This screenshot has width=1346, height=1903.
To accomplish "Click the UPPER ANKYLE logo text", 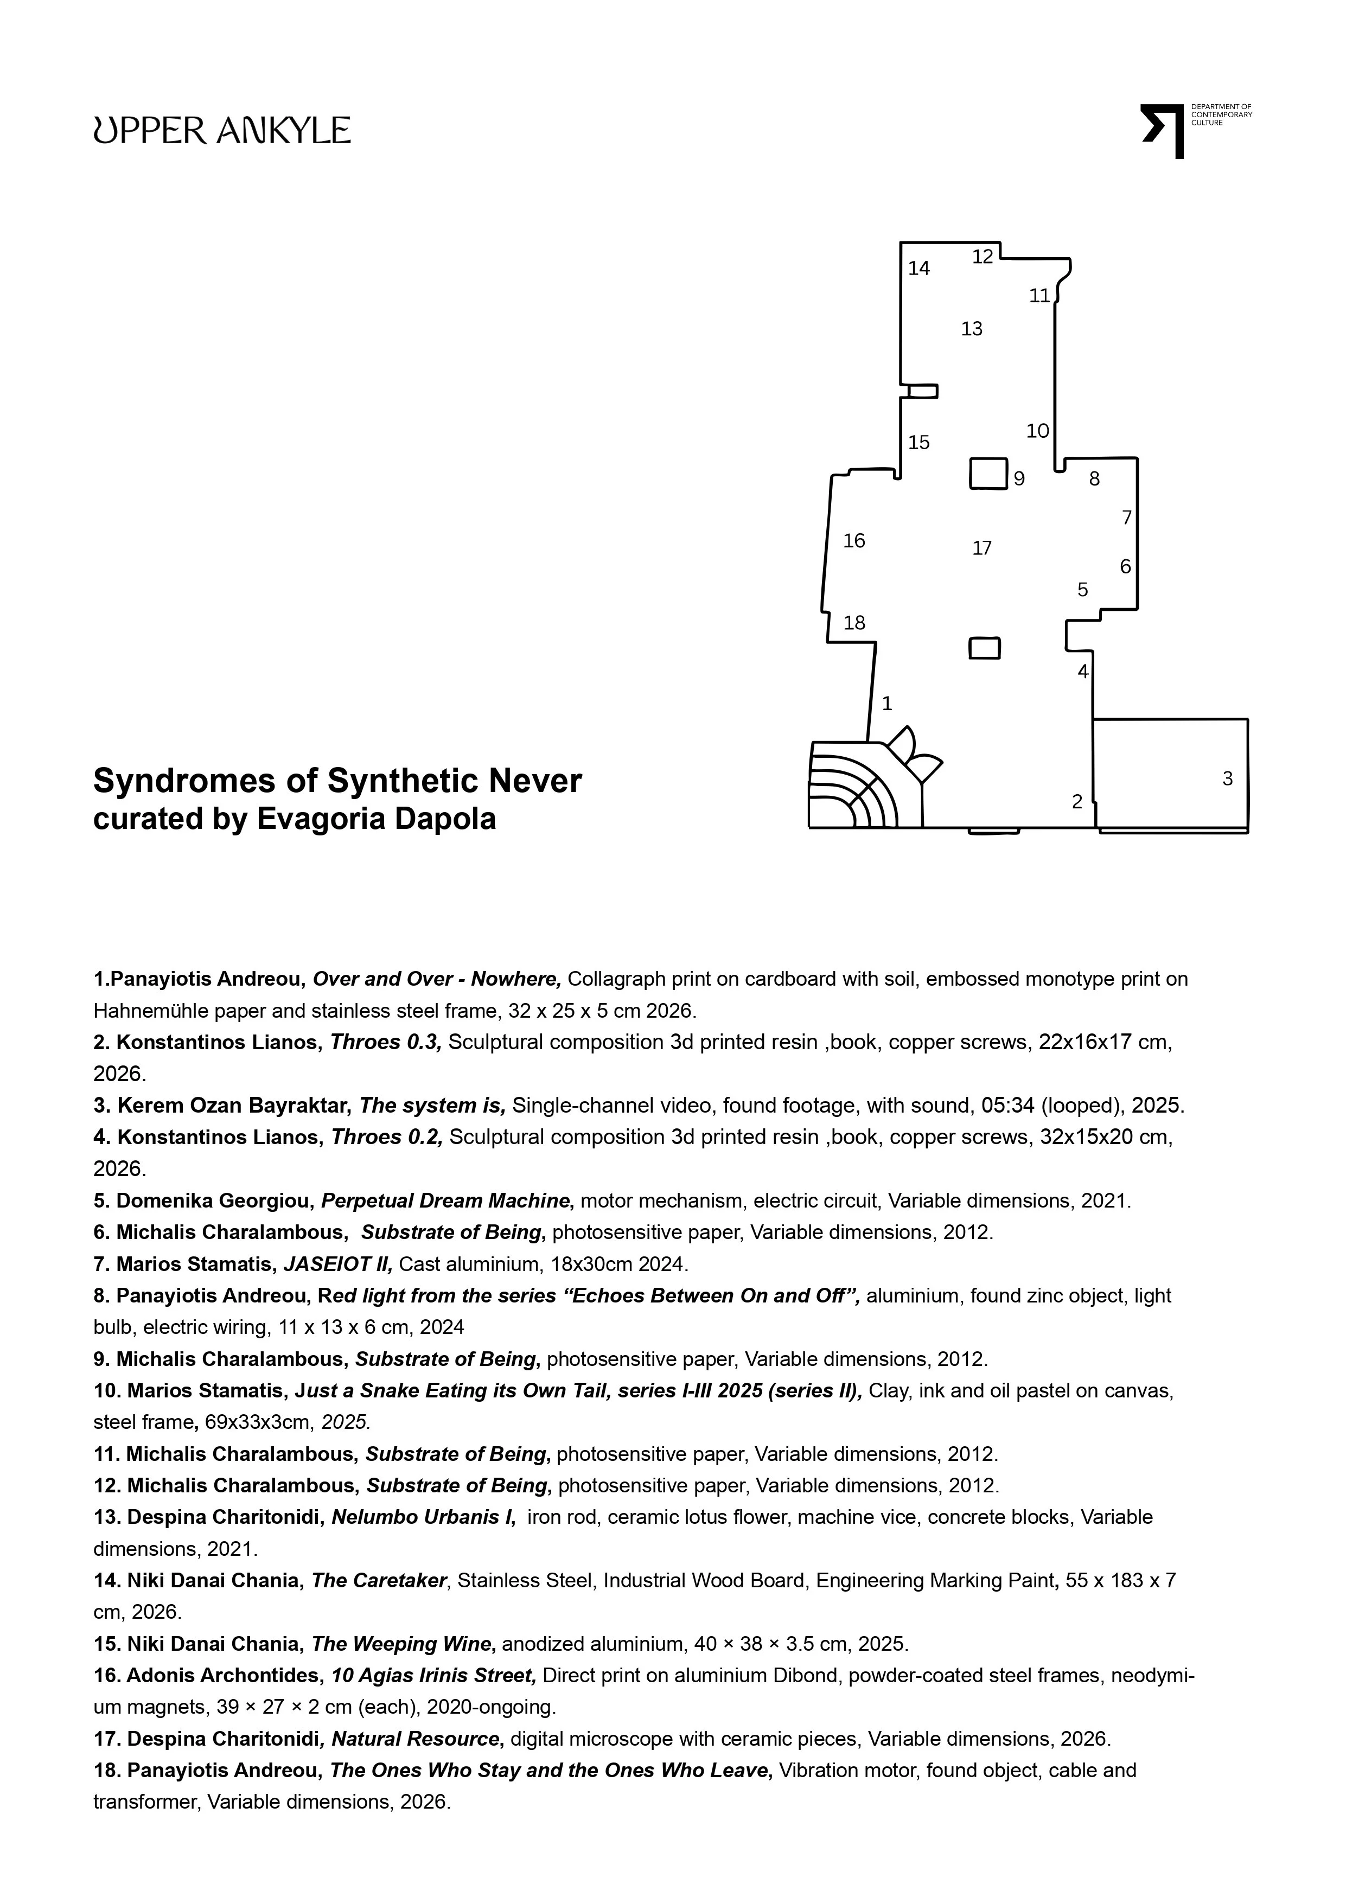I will [221, 130].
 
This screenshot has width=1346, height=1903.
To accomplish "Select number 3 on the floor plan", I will [1228, 778].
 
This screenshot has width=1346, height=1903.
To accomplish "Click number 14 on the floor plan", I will [919, 268].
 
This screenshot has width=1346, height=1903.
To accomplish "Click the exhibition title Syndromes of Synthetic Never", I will [337, 781].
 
